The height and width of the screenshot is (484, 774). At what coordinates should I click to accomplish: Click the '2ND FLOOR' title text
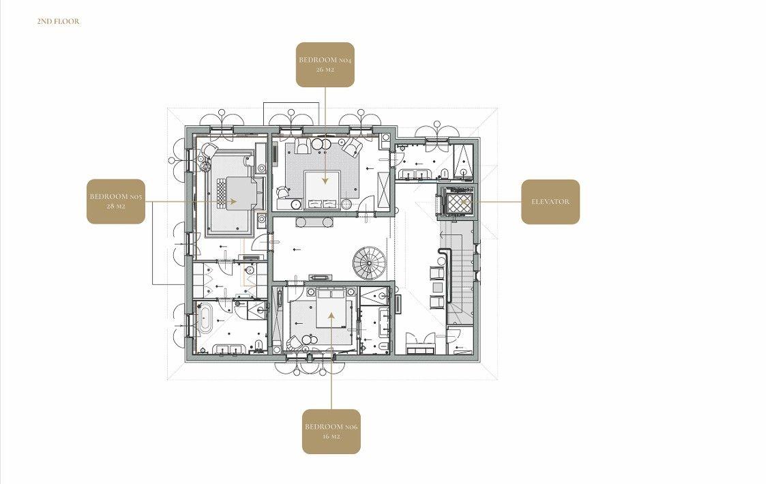point(58,21)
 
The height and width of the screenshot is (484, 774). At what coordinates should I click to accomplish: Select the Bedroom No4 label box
point(325,65)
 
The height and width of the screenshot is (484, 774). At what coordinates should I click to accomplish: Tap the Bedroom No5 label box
point(116,201)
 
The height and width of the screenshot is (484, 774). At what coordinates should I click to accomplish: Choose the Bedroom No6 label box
point(331,432)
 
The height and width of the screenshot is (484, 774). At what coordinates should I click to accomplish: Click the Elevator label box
point(550,202)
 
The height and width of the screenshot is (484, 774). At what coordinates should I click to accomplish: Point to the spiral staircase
point(369,263)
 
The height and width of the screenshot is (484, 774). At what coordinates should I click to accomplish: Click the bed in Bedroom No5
point(241,194)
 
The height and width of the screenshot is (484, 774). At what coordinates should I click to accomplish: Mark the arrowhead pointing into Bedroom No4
point(325,181)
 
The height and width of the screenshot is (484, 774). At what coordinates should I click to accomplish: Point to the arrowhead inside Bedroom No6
point(331,315)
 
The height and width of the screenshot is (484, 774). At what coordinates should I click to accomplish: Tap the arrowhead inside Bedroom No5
point(233,201)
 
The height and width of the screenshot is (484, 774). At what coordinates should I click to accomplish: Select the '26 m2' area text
point(325,70)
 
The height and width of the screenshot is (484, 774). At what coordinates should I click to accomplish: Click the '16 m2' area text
point(331,437)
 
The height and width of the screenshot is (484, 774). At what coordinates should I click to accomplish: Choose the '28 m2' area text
point(116,207)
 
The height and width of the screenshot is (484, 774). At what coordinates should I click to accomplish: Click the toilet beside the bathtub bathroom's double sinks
point(258,344)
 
